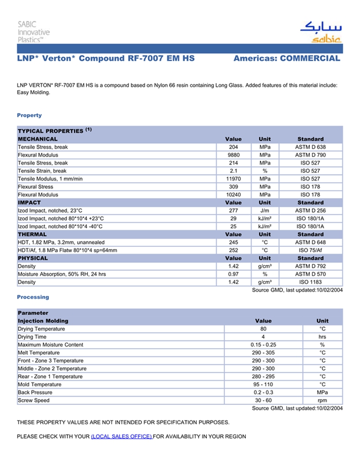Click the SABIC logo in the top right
320,31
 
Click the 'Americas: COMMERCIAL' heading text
286,59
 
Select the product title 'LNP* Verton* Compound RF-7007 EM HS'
106,59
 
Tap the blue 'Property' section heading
29,115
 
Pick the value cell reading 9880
233,155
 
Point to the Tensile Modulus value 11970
233,178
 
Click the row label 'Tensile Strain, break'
42,171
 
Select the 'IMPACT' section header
29,203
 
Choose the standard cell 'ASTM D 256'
310,210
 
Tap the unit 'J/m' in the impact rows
265,210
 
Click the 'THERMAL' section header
32,234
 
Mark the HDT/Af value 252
233,250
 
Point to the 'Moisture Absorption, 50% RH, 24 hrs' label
62,274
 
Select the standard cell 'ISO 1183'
310,282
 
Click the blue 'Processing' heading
33,297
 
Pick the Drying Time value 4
263,337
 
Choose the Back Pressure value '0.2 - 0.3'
263,392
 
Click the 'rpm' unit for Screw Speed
322,400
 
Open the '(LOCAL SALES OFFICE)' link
121,436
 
